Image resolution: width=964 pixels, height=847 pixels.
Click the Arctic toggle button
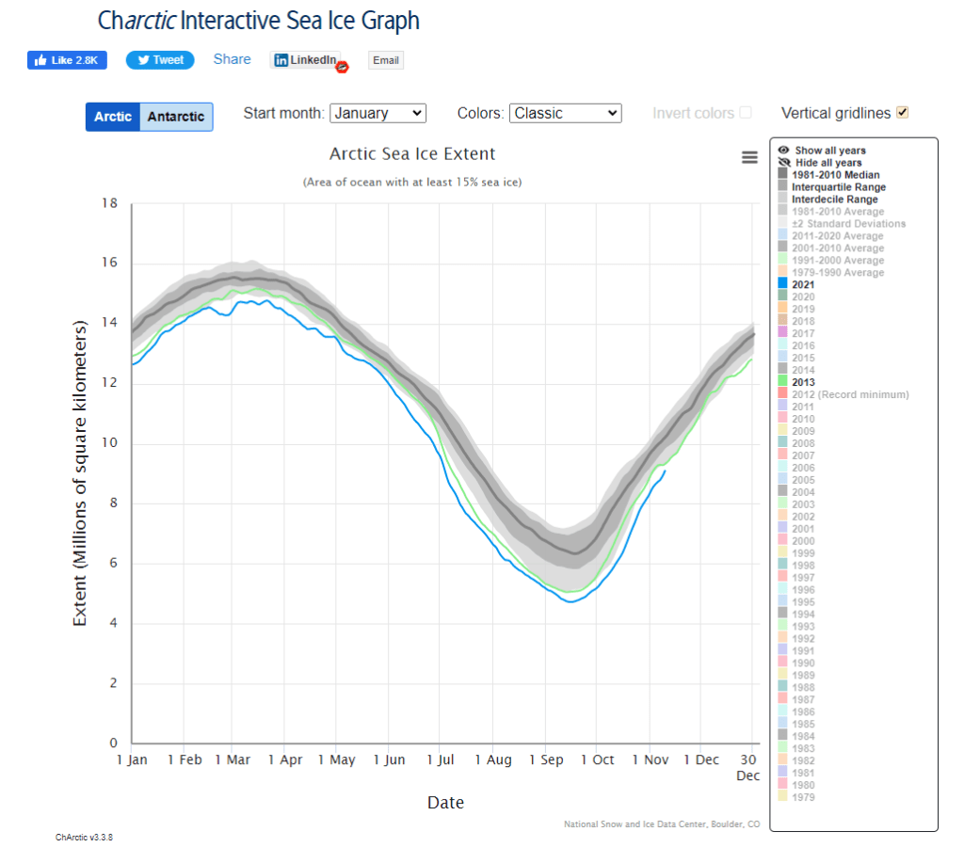coord(113,117)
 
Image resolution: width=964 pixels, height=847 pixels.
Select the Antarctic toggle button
coord(176,117)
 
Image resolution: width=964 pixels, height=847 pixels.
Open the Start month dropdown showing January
coord(378,113)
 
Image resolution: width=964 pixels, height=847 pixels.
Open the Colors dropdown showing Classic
coord(565,113)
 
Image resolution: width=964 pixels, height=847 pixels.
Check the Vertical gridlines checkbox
coord(903,113)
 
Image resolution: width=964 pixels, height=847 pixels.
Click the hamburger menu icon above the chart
coord(749,157)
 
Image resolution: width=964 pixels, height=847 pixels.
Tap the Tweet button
coord(160,60)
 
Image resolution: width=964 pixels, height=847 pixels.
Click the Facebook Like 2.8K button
coord(67,60)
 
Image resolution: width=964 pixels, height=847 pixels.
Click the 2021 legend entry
coord(803,284)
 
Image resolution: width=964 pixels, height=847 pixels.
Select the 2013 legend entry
coord(803,382)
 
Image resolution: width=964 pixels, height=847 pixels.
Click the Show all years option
coord(829,151)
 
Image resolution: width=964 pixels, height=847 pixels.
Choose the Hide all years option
coord(827,163)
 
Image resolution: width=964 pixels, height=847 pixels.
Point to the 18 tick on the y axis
coord(110,203)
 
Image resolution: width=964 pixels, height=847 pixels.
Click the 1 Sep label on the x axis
coord(545,759)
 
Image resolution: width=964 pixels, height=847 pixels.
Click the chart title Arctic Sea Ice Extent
coord(412,153)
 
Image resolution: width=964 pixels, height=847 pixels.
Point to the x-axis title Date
coord(445,803)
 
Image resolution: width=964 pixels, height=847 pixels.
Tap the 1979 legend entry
coord(803,797)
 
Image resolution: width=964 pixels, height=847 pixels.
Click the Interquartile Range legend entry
coord(838,187)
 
